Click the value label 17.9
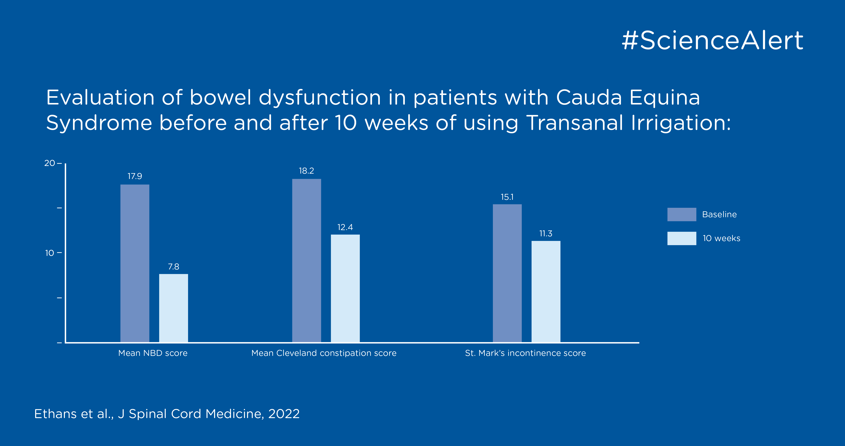pyautogui.click(x=135, y=176)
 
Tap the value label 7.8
pyautogui.click(x=174, y=266)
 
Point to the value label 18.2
pyautogui.click(x=306, y=171)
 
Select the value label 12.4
pyautogui.click(x=345, y=227)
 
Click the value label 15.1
pyautogui.click(x=507, y=197)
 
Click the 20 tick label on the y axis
pyautogui.click(x=50, y=163)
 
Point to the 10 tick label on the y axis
pyautogui.click(x=50, y=253)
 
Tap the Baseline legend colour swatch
pyautogui.click(x=682, y=214)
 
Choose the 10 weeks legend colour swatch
pyautogui.click(x=682, y=238)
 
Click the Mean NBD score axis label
pyautogui.click(x=153, y=353)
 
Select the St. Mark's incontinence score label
pyautogui.click(x=525, y=353)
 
